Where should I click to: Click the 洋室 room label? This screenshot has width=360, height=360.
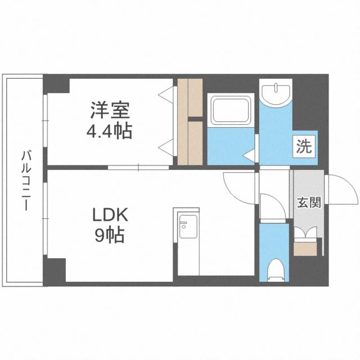pyautogui.click(x=110, y=110)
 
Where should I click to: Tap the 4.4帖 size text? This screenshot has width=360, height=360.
pyautogui.click(x=109, y=132)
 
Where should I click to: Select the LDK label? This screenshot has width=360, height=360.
pyautogui.click(x=110, y=215)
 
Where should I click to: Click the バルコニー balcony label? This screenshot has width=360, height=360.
pyautogui.click(x=26, y=180)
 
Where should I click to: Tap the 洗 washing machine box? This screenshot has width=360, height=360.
pyautogui.click(x=304, y=146)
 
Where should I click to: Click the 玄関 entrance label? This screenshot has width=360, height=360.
pyautogui.click(x=309, y=202)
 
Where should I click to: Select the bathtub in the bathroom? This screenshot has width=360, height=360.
pyautogui.click(x=231, y=110)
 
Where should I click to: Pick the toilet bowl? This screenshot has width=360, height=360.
pyautogui.click(x=274, y=269)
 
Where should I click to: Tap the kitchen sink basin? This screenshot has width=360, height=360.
pyautogui.click(x=188, y=227)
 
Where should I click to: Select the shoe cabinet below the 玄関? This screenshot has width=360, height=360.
pyautogui.click(x=305, y=249)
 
